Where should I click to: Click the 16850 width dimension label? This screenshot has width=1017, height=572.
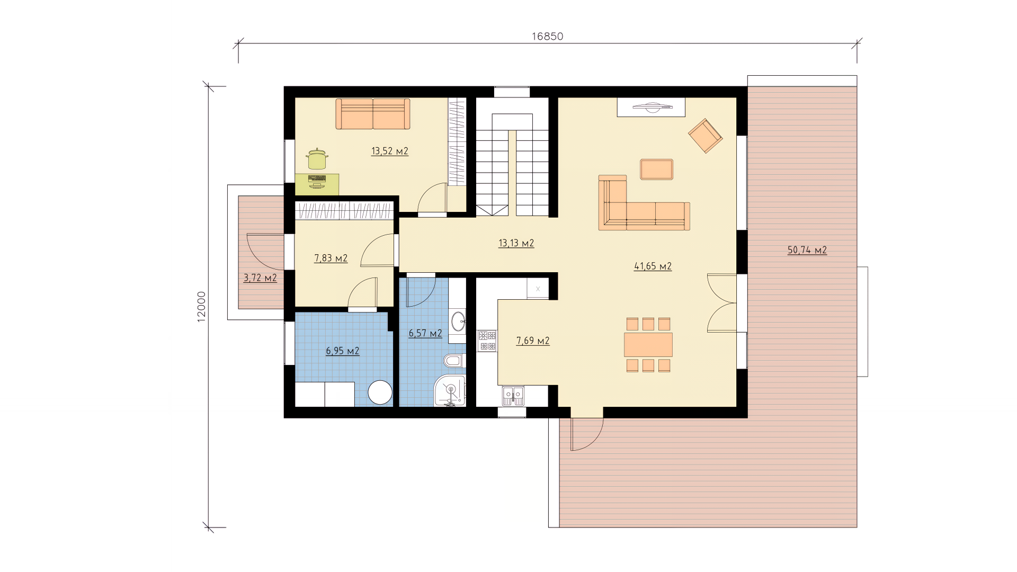click(547, 37)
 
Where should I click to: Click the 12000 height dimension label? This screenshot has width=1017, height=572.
click(202, 307)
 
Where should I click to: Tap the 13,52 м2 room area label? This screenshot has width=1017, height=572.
click(390, 151)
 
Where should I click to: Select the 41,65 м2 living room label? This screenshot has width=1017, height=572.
click(653, 266)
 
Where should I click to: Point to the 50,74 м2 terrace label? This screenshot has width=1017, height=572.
click(807, 251)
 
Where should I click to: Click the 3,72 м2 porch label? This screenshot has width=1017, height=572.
click(260, 278)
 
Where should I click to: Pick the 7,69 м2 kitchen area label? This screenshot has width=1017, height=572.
click(533, 341)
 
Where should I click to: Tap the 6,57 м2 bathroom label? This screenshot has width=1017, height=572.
click(425, 334)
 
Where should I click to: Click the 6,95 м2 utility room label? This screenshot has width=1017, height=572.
click(343, 351)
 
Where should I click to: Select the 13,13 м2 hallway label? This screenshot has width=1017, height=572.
click(516, 244)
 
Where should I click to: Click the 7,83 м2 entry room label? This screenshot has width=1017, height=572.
click(331, 258)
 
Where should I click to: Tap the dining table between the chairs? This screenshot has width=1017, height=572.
click(648, 345)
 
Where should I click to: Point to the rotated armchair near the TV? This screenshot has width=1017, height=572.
click(705, 136)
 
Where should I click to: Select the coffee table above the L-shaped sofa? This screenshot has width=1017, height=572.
click(657, 169)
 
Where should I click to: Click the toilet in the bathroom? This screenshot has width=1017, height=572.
click(453, 361)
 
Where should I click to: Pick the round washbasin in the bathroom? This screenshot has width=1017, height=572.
click(458, 320)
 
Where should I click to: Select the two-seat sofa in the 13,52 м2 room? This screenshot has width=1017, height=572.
click(373, 114)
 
